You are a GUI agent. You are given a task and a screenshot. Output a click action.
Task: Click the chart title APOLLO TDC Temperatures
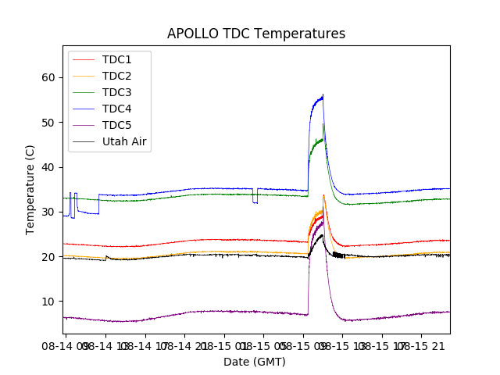tap(256, 34)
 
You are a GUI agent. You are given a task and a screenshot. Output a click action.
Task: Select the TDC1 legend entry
tap(117, 59)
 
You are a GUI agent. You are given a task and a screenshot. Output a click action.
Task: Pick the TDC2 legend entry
tap(117, 76)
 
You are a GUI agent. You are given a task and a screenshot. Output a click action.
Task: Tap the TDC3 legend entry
tap(117, 92)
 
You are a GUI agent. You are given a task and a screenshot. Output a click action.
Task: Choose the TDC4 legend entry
tap(117, 109)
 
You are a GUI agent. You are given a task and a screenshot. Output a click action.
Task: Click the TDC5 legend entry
tap(117, 125)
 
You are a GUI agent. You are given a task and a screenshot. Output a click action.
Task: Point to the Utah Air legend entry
tap(125, 142)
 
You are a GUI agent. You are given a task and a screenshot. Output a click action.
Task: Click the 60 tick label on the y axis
tap(49, 77)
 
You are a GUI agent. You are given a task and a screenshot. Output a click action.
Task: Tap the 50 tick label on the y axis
tap(49, 123)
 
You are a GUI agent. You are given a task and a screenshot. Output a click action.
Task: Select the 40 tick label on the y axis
tap(49, 167)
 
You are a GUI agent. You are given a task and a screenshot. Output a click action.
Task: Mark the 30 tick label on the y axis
tap(49, 212)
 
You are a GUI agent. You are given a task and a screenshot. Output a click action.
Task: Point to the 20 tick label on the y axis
tap(49, 257)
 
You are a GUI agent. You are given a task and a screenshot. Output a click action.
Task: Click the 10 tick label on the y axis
tap(49, 302)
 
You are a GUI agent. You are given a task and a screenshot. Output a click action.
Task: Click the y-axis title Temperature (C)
tap(30, 189)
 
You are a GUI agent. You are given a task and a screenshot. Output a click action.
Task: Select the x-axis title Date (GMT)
tap(255, 362)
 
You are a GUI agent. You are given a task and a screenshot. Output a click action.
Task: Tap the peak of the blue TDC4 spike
tap(323, 96)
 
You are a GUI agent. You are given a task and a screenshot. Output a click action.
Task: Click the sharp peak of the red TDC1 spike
tap(323, 195)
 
